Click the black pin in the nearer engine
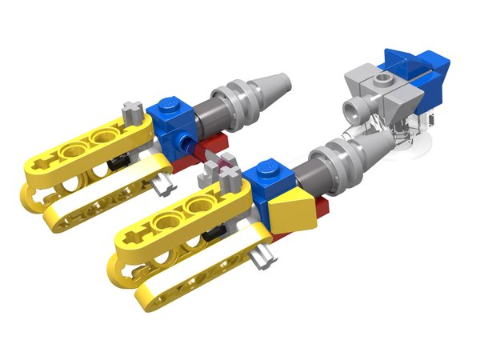coord(213,234)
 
